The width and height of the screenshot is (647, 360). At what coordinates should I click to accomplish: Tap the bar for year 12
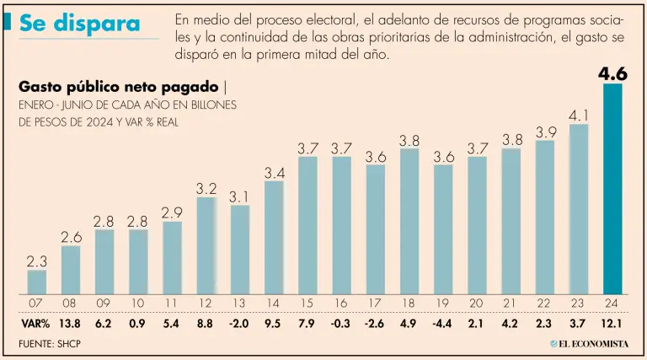(206, 244)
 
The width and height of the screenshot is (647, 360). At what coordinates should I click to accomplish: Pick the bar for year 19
(443, 228)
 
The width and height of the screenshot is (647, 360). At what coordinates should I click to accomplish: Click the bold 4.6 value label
(612, 74)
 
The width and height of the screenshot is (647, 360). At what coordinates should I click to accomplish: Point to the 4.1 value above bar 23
(579, 115)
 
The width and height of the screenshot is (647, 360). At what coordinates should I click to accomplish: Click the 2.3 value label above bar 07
(37, 261)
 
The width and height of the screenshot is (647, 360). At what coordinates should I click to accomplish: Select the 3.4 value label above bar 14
(274, 172)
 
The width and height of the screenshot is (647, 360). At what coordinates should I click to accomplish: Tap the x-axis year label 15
(307, 303)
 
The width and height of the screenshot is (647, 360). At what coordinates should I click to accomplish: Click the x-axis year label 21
(511, 303)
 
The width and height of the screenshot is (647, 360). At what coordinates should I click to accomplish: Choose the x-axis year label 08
(71, 303)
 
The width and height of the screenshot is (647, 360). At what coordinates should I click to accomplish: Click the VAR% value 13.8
(71, 323)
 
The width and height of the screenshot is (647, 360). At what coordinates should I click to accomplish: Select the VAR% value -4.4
(443, 323)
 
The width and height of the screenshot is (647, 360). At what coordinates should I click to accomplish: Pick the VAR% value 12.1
(612, 323)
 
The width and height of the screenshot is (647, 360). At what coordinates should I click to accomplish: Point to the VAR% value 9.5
(274, 323)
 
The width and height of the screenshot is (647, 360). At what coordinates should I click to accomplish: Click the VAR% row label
(35, 323)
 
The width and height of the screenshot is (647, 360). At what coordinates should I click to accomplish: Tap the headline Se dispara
(79, 24)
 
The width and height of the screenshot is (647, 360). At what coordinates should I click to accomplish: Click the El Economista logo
(590, 344)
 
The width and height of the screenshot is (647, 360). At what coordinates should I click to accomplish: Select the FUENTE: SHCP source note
(50, 344)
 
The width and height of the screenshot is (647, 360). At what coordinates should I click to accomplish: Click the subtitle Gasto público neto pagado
(117, 87)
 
